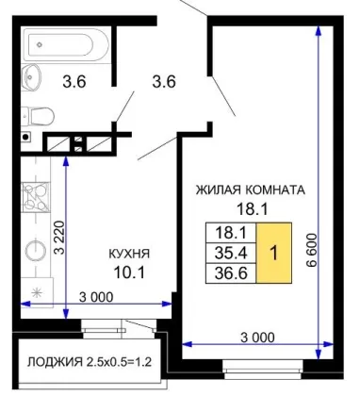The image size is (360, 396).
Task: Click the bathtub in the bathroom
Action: pos(66,45)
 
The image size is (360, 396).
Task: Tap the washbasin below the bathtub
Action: pos(31,76)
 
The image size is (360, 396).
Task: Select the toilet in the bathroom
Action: pos(37,116)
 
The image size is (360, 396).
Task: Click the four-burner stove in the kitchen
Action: pos(36,197)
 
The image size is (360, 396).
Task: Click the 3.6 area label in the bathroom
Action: pos(74,82)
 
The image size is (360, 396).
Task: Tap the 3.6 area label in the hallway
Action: pos(164,82)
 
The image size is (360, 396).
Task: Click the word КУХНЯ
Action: pos(129,254)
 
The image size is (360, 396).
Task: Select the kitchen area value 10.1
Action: pos(129,272)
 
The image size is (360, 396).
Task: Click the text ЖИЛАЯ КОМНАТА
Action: pos(251,190)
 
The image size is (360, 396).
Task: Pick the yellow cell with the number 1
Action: pos(274,253)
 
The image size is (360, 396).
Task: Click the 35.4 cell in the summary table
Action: pos(231,253)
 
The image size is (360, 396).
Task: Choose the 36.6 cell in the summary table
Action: pos(231,273)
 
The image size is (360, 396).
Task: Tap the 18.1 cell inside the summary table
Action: pos(231,233)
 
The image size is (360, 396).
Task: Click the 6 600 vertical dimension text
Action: pos(312,250)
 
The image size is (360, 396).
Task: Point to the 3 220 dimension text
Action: pos(58,238)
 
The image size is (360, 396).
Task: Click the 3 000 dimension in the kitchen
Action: pos(96,297)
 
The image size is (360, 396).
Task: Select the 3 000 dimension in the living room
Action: pos(257,338)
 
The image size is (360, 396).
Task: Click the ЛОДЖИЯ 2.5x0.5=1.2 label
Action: pos(90,362)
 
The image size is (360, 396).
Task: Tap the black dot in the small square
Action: pos(26,137)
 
